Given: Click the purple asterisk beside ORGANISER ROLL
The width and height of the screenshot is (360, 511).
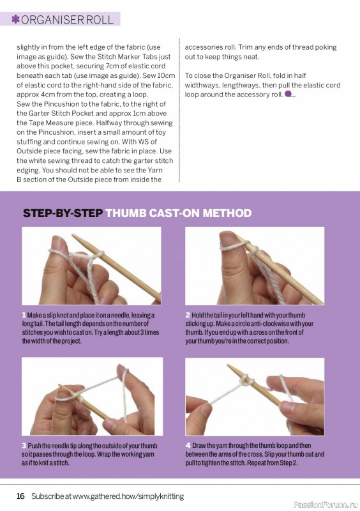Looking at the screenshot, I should point(15,19).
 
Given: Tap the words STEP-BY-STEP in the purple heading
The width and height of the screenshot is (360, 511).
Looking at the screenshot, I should point(63,213).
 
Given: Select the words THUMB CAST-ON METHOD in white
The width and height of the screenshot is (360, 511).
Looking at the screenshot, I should point(178,213).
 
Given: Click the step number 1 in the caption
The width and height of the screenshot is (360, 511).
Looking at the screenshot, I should point(24,316).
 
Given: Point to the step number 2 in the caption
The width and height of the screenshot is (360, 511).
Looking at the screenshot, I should point(188,316).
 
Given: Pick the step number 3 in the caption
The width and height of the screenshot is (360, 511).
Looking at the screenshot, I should point(24,446).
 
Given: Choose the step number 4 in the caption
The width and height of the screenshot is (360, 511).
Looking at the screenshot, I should point(188,446).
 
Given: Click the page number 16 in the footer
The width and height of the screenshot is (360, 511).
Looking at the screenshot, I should point(20,496).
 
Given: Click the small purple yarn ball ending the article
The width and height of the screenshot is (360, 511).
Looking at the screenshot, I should point(289,94).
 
